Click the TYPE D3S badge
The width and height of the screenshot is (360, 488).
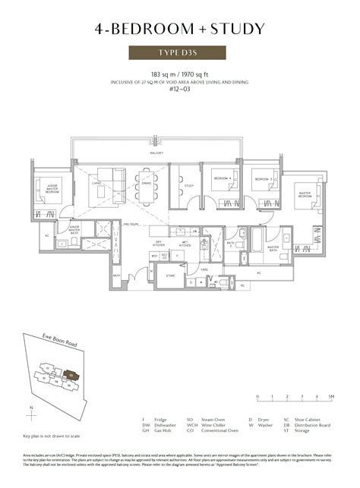click(x=179, y=53)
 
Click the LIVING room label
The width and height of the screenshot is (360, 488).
click(x=96, y=183)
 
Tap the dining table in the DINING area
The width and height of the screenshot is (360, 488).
click(x=146, y=189)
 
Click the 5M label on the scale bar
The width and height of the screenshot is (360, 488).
click(x=331, y=397)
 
